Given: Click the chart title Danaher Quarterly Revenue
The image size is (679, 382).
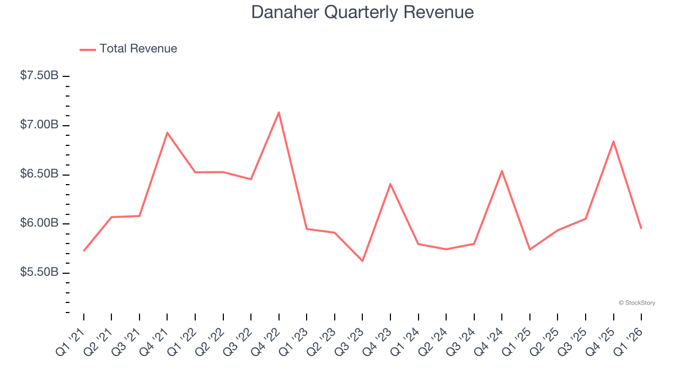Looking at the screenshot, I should point(362,12).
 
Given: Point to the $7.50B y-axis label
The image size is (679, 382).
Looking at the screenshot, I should point(39,76).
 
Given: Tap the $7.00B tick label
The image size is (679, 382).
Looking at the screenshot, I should point(39,125).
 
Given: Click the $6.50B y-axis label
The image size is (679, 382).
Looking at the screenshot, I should point(39,175).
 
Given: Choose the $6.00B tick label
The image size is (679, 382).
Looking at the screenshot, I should point(39,223).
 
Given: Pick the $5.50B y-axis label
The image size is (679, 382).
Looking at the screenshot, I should point(39,273).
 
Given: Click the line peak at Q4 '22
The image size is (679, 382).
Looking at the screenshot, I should point(278,112).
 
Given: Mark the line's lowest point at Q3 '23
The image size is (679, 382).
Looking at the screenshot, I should point(362,261).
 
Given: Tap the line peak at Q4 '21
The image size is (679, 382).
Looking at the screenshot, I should point(167,133).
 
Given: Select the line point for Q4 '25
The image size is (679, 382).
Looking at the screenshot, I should point(613,141).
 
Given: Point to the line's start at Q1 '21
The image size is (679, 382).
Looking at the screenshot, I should point(84,251).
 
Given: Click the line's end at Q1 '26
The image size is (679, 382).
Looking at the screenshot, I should point(641,229).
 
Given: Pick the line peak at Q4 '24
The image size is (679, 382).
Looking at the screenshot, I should point(502,171).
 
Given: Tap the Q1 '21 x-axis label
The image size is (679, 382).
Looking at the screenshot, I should point(71,340).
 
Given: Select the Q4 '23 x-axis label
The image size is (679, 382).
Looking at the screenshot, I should point(377,340).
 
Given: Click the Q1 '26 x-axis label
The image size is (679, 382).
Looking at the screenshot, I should point(628,340).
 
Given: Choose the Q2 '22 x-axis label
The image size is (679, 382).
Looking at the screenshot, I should point(210,340).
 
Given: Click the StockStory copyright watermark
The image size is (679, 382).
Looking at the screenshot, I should point(637,303).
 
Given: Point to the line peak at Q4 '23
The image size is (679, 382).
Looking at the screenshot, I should point(390,184).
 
